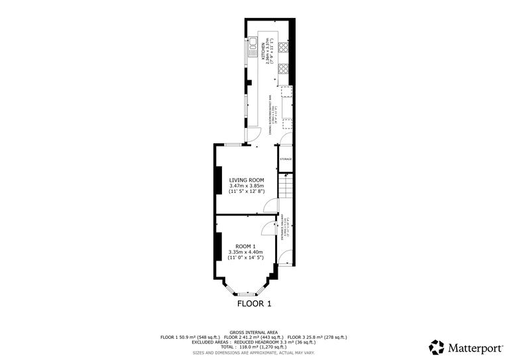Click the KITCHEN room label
263,48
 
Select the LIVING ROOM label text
247,180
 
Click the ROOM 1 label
246,246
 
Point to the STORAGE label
286,159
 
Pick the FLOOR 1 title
254,304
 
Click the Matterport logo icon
437,346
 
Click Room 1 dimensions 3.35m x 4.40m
246,252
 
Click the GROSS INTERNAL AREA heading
254,331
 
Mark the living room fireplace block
217,179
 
